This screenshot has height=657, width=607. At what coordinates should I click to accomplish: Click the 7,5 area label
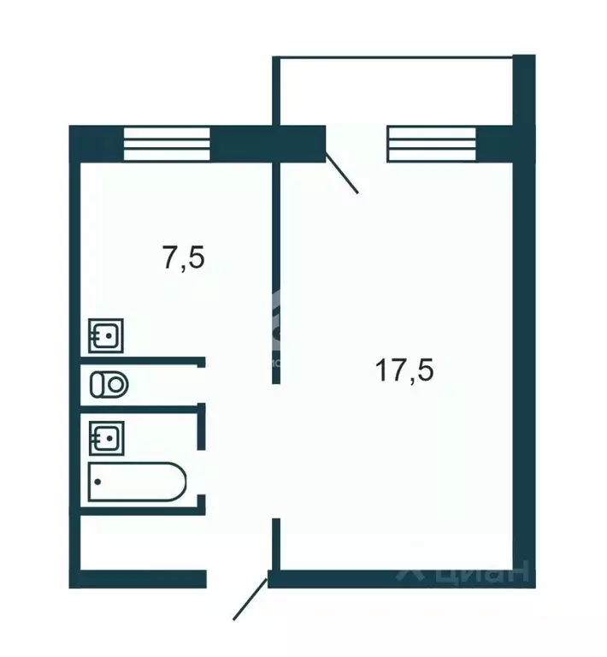(x=184, y=257)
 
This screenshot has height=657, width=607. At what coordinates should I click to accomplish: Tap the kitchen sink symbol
(x=107, y=335)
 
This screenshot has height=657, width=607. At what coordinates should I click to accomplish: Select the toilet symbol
(x=109, y=384)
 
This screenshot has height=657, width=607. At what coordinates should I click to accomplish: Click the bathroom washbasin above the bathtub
(x=107, y=438)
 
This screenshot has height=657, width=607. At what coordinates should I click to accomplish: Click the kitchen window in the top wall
(x=167, y=144)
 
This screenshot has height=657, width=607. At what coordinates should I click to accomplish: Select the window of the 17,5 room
(x=432, y=144)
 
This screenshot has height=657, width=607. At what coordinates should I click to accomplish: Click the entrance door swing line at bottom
(x=250, y=599)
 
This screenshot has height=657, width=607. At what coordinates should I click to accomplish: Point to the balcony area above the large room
(x=393, y=90)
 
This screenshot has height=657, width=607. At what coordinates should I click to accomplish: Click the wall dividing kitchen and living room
(x=276, y=274)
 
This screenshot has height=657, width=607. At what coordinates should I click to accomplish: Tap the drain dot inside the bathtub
(x=97, y=482)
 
